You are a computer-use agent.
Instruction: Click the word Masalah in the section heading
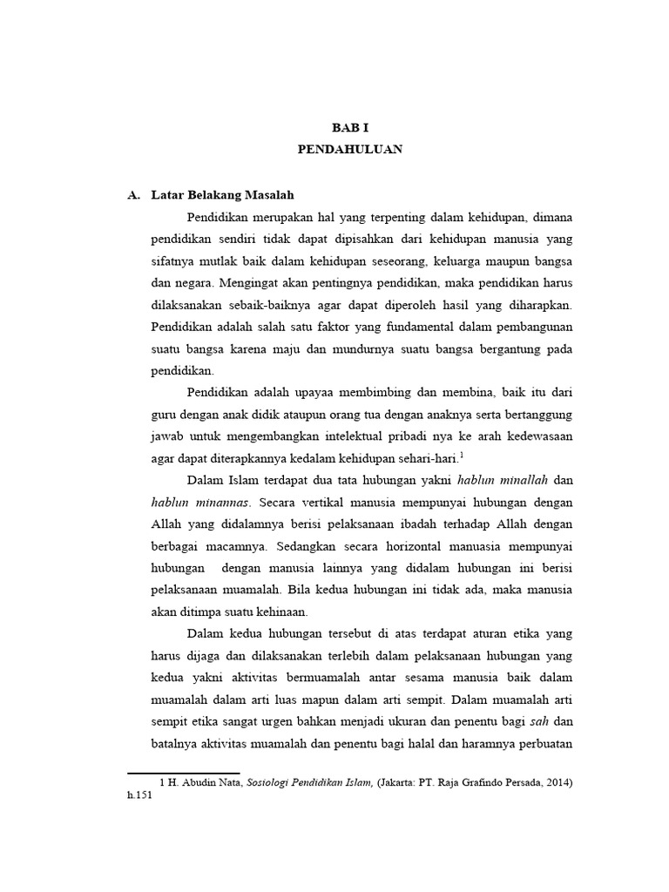[276, 194]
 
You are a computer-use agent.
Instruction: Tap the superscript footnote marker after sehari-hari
[462, 453]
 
